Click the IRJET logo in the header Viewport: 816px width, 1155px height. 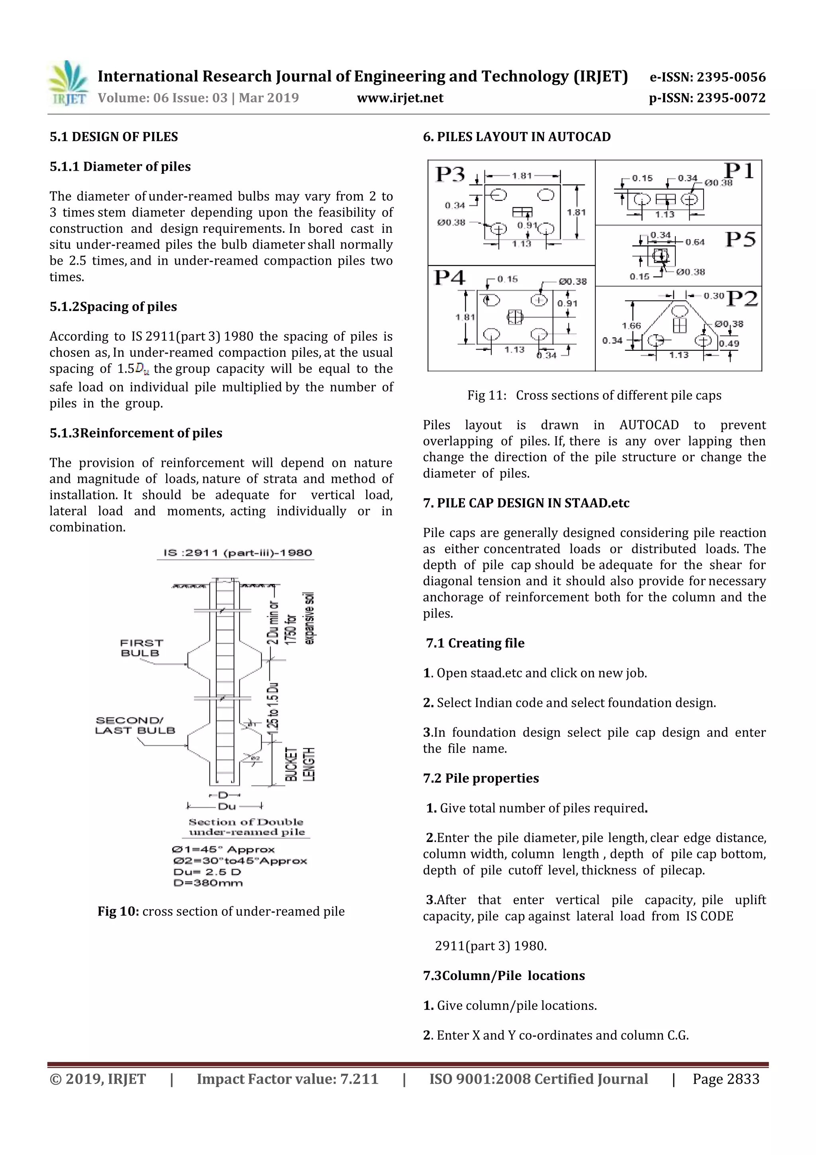68,83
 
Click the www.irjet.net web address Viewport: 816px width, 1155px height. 400,98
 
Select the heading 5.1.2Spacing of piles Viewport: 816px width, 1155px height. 113,307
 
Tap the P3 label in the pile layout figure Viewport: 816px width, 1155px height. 450,175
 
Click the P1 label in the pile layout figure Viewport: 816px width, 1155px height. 739,171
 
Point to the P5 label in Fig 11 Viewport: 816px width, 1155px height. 740,240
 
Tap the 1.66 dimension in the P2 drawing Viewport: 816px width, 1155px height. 631,326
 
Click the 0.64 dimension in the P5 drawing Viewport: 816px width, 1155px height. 695,242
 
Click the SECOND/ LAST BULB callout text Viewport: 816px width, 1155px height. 135,725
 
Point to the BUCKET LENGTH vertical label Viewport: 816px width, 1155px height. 300,764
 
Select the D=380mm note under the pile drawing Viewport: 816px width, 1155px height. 208,883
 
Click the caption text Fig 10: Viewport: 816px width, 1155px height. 118,911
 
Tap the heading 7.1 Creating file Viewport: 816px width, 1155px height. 475,643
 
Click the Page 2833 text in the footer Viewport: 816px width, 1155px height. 726,1079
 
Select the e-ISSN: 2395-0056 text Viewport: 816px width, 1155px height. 707,77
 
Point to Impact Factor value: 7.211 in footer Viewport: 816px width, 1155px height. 287,1079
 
